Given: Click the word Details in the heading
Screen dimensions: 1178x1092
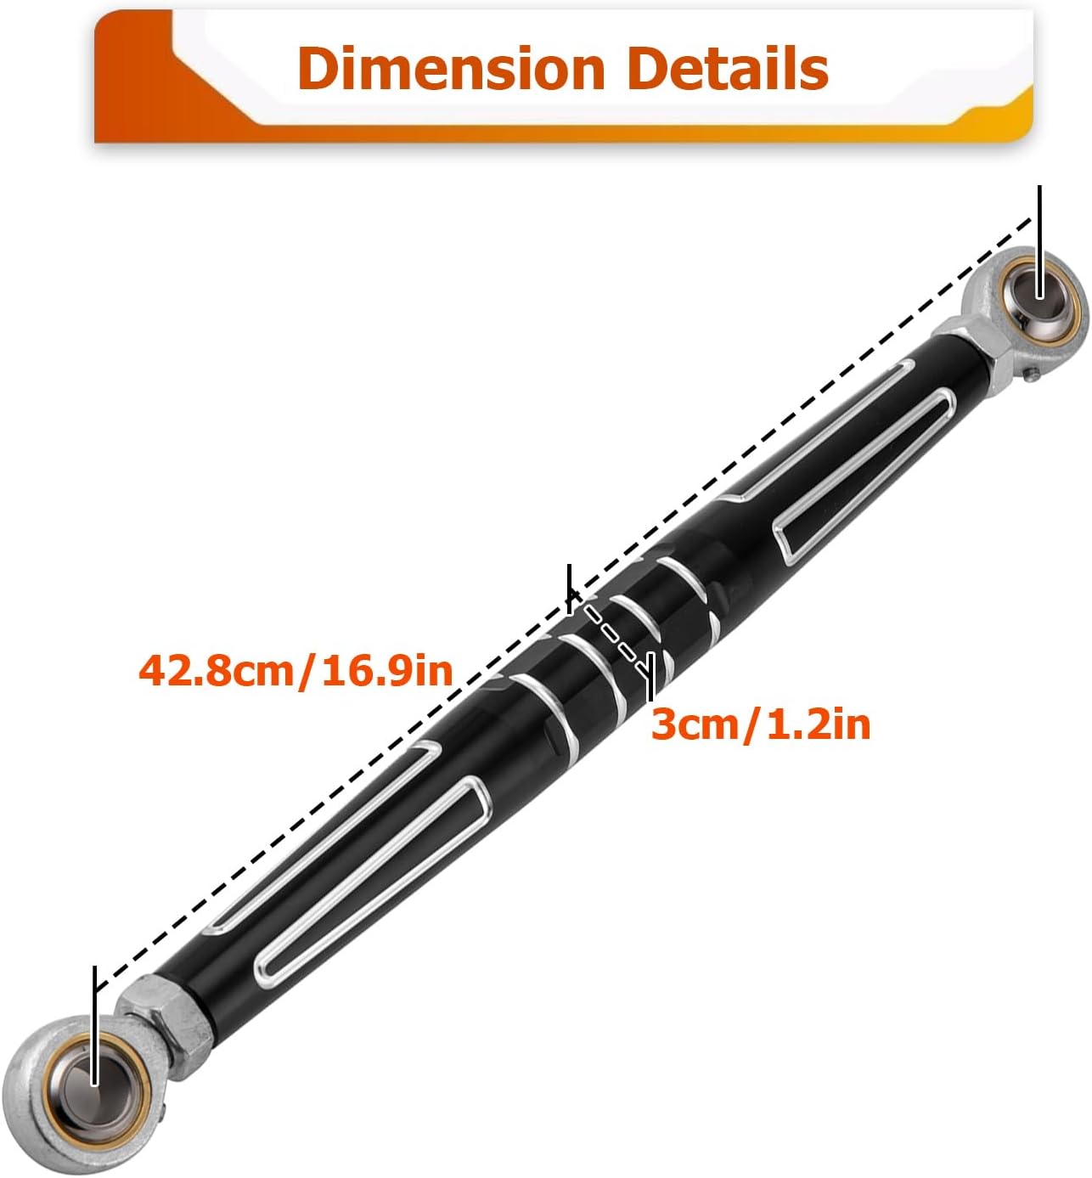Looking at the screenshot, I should (x=728, y=68).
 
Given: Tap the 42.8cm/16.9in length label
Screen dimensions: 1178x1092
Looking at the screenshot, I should (x=296, y=670).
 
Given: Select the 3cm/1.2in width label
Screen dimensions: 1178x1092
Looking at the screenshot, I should (x=761, y=724).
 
